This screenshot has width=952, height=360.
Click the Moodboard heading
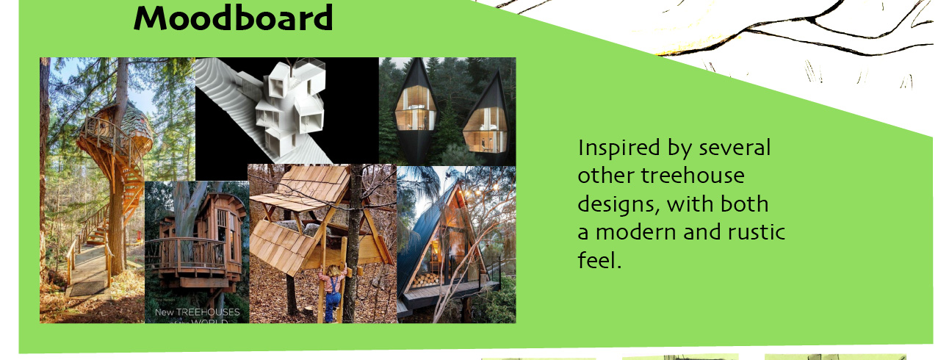tap(233, 18)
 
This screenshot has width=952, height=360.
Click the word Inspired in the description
tap(619, 148)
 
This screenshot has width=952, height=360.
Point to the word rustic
tap(756, 232)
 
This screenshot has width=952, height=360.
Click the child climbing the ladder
tap(333, 292)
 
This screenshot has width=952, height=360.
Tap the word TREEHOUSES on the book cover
tap(208, 312)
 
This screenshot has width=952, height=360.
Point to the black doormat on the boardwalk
tap(87, 288)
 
